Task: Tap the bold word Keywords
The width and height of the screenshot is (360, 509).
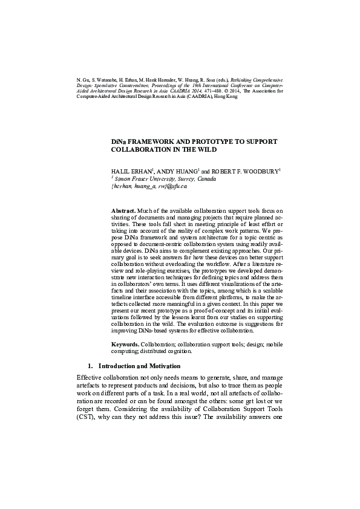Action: click(125, 343)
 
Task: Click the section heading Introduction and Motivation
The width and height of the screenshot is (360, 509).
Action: click(139, 366)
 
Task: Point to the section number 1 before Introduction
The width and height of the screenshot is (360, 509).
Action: click(90, 366)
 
